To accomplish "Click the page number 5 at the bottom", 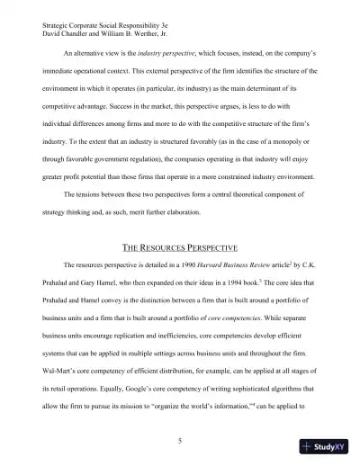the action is [x=180, y=415].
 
